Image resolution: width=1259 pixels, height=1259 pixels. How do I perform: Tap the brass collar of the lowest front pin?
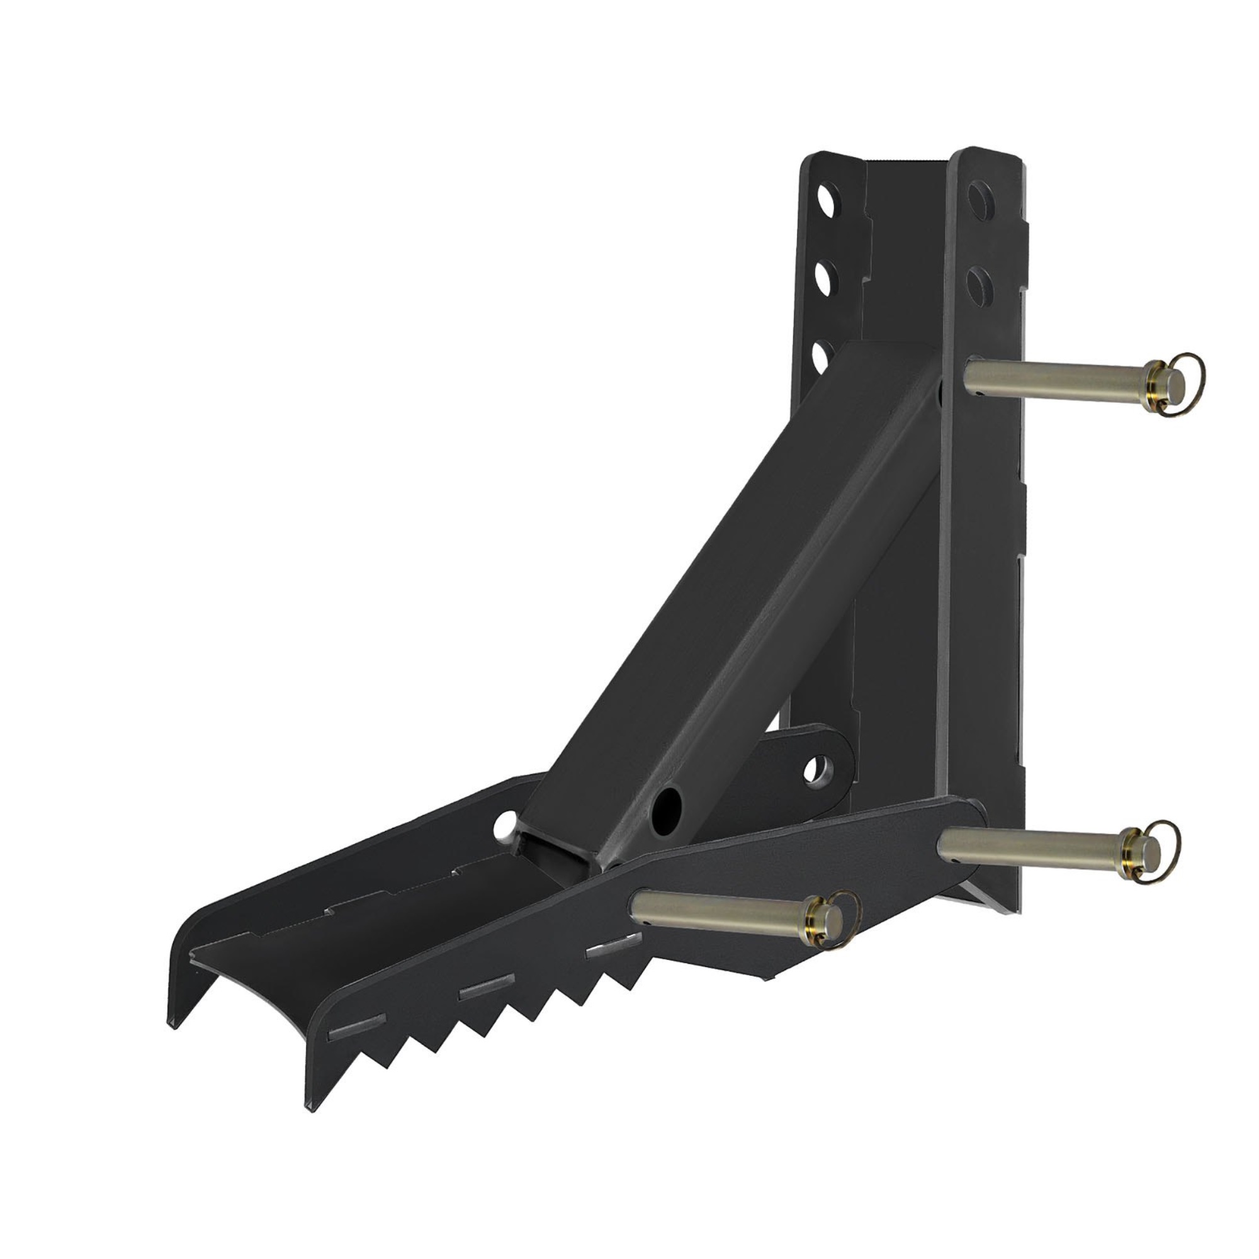coord(815,920)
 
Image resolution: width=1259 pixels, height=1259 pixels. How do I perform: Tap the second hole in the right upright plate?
coord(978,283)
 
